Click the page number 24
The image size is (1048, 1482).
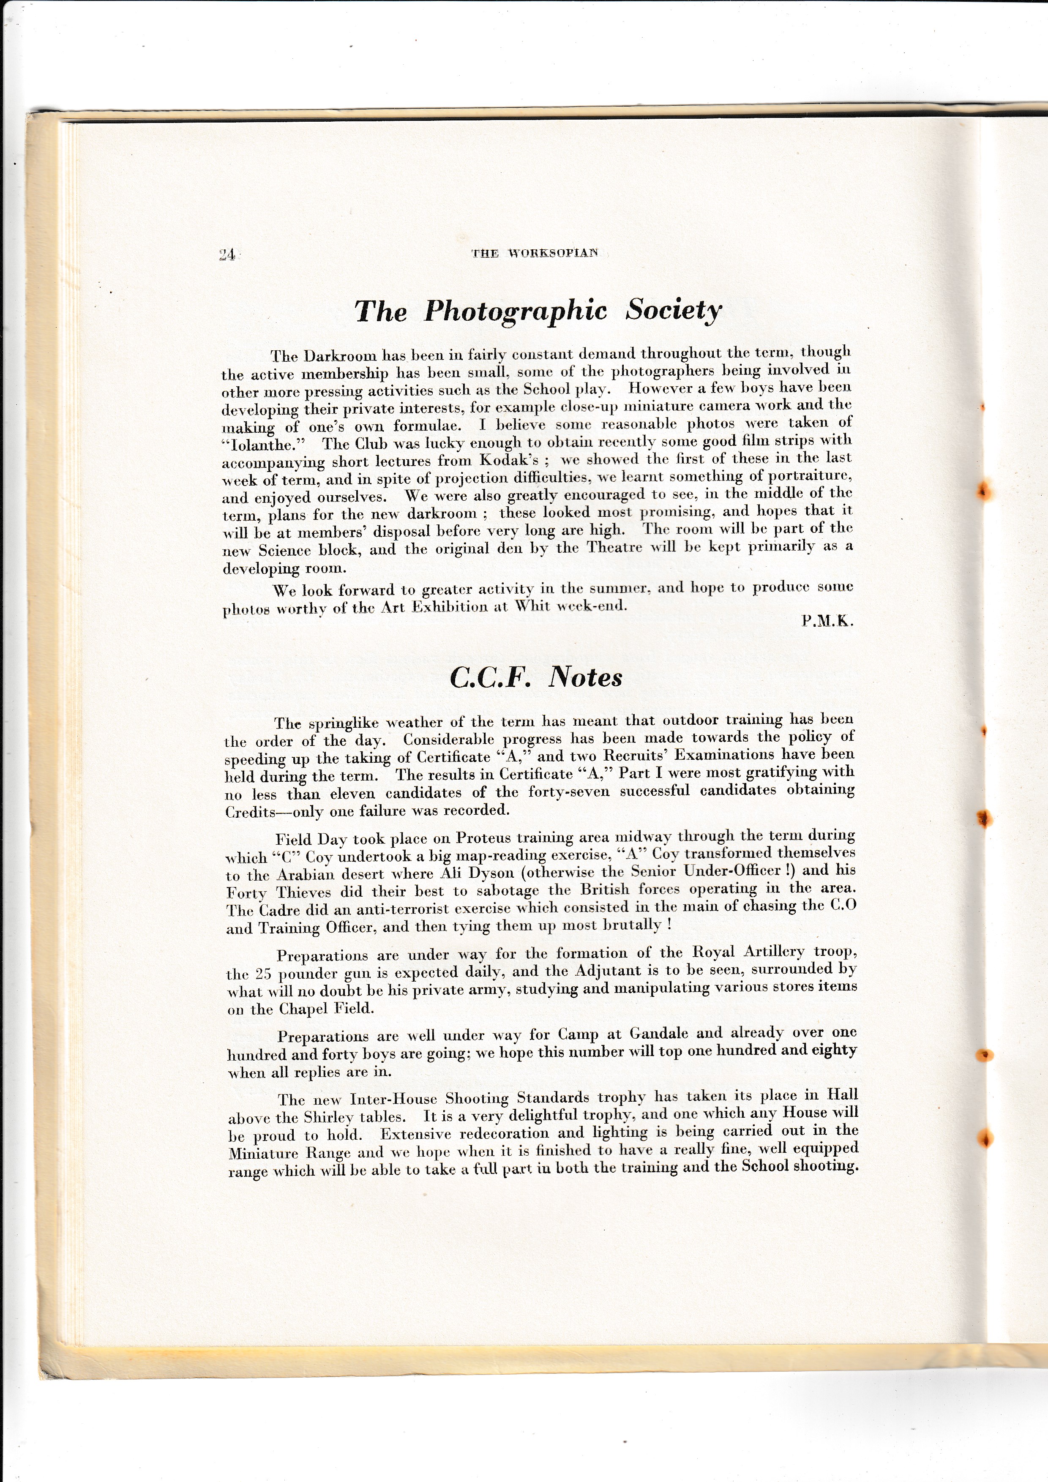click(227, 255)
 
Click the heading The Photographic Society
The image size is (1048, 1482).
click(538, 311)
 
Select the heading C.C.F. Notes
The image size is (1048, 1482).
click(535, 677)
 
